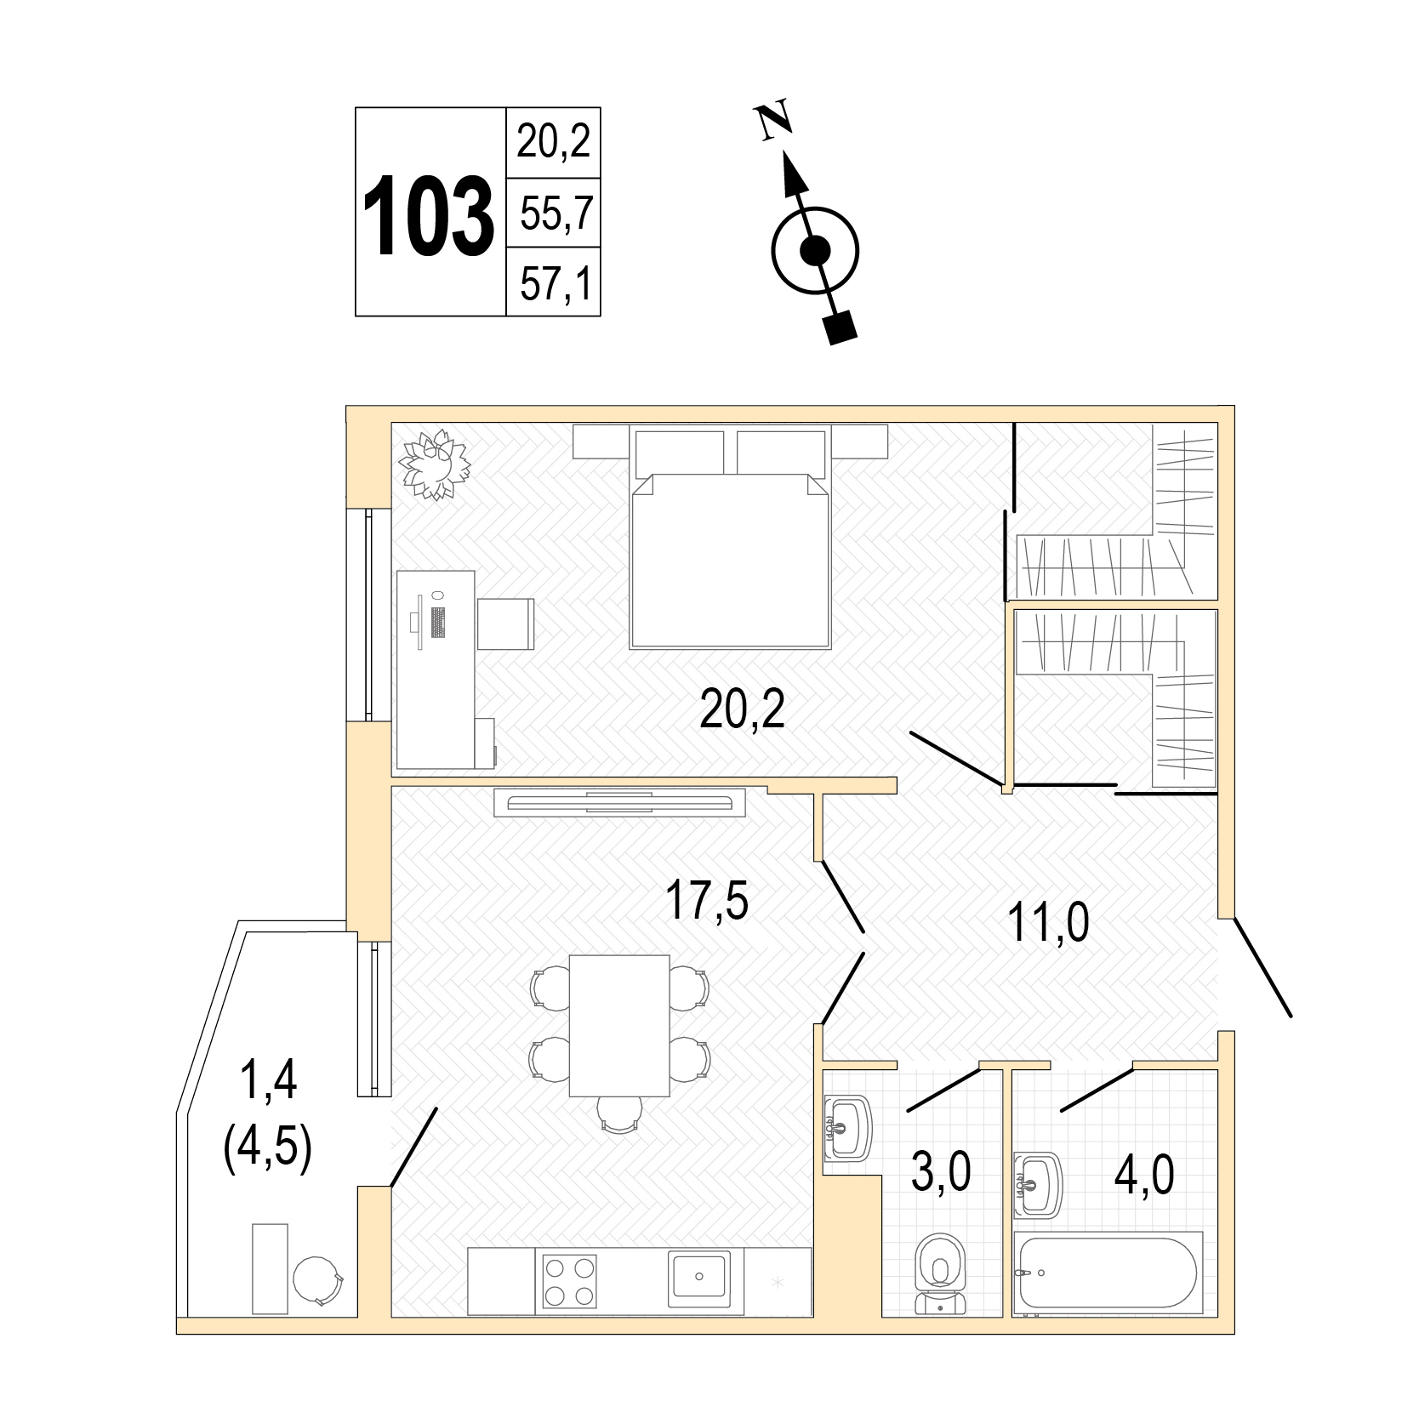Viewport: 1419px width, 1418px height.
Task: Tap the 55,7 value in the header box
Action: click(x=556, y=213)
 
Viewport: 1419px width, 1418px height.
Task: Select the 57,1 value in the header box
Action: click(x=556, y=283)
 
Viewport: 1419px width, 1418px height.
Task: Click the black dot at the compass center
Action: click(x=815, y=251)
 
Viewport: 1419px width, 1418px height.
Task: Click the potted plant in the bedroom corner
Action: click(x=436, y=464)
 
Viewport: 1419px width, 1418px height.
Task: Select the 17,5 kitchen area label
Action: click(x=708, y=902)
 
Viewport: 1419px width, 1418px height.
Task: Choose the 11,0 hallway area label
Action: click(x=1048, y=922)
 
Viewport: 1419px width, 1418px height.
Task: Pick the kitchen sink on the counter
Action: click(x=698, y=1278)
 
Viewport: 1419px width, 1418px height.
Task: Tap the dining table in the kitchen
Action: click(x=619, y=1025)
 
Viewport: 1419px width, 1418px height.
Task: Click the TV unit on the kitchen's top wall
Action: click(x=620, y=803)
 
